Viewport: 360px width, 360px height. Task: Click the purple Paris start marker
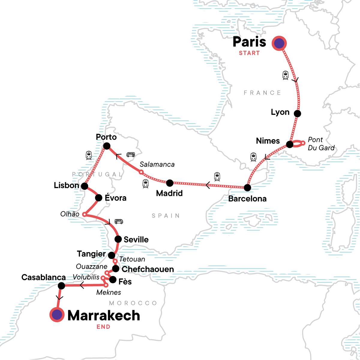(279, 43)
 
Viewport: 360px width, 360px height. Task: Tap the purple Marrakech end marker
(57, 315)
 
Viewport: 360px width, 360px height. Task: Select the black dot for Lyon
(297, 113)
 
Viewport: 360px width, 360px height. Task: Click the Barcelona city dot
(247, 188)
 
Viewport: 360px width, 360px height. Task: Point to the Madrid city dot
(169, 182)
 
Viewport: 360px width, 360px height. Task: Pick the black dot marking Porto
(106, 146)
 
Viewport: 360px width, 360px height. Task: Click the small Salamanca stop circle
(141, 172)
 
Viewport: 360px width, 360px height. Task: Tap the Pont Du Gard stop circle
(303, 143)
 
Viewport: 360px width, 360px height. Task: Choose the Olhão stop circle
(85, 214)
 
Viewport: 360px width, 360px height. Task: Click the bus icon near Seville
(119, 222)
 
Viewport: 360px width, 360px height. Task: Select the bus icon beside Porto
(130, 155)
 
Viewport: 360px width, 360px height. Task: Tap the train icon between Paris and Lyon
(286, 75)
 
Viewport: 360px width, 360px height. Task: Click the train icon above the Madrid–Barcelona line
(217, 176)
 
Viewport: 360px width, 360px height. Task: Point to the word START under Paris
(249, 53)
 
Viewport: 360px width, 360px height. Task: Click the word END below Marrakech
(103, 327)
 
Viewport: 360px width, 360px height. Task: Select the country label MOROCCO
(133, 303)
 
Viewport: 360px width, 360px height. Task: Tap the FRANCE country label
(262, 93)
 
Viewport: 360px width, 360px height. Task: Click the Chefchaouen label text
(148, 269)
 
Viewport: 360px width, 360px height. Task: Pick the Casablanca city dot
(61, 286)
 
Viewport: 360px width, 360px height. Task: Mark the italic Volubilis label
(86, 277)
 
